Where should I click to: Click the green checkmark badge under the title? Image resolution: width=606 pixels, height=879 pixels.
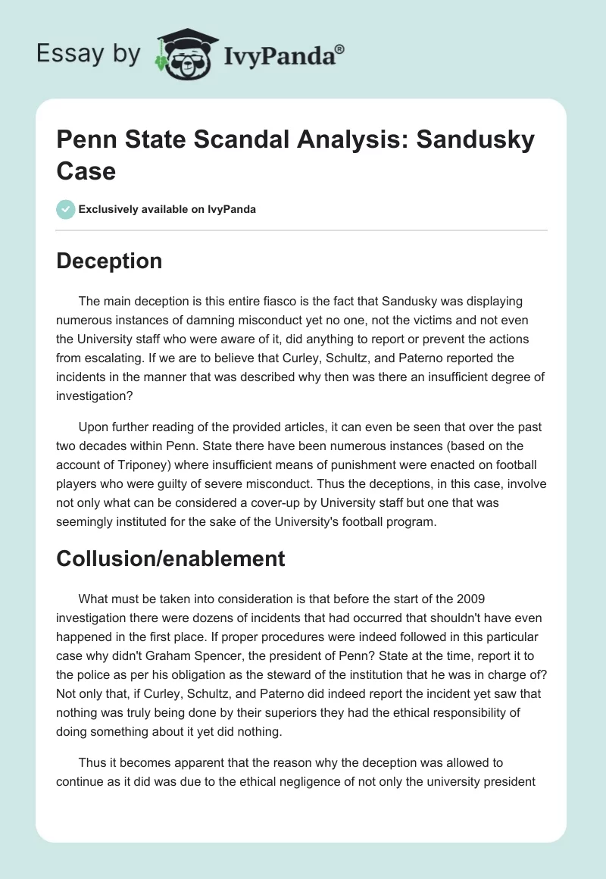(x=66, y=209)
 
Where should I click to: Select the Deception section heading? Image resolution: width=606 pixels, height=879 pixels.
(x=109, y=261)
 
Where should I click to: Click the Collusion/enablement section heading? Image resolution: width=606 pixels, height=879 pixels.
(x=170, y=558)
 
